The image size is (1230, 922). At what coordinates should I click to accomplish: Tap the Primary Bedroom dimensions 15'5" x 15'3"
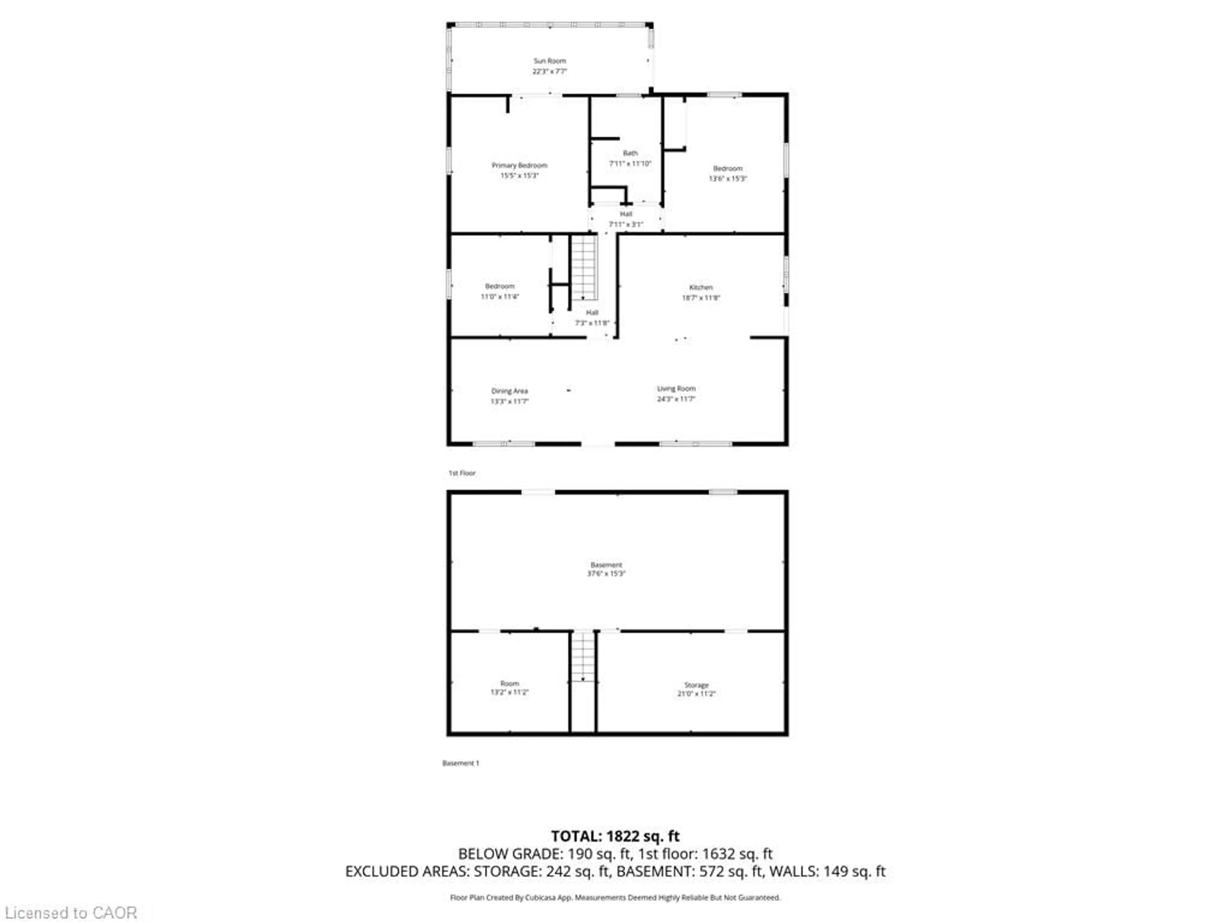click(519, 176)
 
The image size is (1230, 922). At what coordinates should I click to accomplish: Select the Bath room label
click(630, 153)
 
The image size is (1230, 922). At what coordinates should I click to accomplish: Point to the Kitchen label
click(701, 287)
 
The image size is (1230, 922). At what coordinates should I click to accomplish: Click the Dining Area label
click(509, 391)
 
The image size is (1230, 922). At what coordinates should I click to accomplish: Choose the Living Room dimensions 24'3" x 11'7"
click(676, 399)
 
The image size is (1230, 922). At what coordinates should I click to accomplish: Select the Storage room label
click(696, 685)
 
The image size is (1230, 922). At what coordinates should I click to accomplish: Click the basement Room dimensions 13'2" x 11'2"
click(509, 692)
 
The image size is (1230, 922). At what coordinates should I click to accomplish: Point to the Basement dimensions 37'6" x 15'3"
click(606, 574)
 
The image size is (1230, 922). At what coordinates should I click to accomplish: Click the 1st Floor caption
click(462, 473)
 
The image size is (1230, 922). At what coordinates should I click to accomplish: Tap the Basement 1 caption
click(460, 763)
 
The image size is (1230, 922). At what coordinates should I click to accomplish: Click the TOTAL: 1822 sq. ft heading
click(615, 836)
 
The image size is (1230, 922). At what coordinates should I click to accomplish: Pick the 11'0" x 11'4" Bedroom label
click(499, 286)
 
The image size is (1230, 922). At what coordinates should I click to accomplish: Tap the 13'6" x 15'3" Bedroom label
click(727, 168)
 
